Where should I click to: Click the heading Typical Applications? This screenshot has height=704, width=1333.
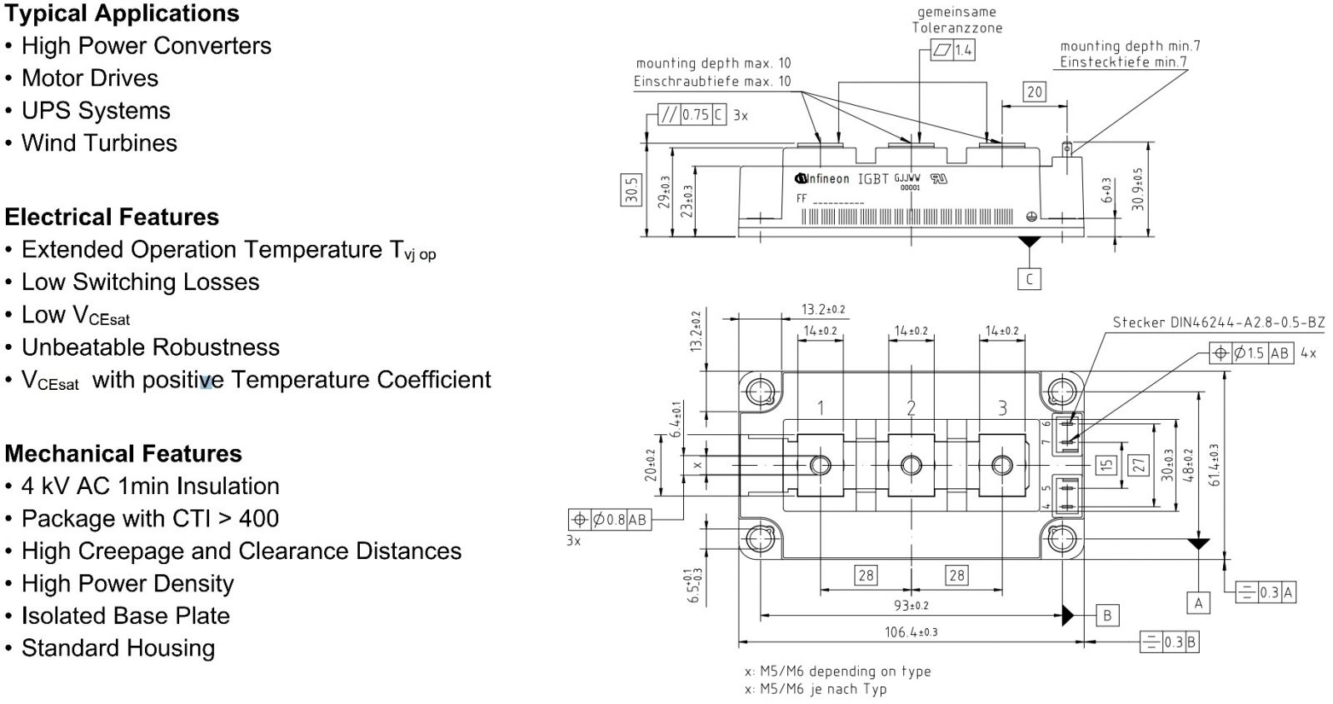[122, 14]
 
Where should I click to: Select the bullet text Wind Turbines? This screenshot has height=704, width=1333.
[99, 143]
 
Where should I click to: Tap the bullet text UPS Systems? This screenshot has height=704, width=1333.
[96, 111]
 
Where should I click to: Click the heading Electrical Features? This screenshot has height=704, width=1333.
[112, 217]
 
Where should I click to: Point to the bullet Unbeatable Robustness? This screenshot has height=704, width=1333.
[150, 347]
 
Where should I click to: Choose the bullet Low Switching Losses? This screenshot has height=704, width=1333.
[140, 282]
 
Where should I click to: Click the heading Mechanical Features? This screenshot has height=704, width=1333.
[123, 454]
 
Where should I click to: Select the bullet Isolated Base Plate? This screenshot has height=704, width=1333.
[125, 617]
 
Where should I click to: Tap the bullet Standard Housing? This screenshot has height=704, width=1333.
[117, 649]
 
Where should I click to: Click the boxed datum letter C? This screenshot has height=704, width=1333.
[1030, 279]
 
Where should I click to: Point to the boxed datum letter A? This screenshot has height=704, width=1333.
[1198, 602]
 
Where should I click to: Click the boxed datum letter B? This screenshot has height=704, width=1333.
[1107, 616]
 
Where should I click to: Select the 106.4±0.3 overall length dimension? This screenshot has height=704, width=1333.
[911, 632]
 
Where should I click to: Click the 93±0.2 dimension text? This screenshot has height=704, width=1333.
[911, 606]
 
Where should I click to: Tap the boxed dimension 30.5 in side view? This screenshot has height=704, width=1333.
[632, 190]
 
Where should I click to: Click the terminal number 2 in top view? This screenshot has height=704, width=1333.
[911, 408]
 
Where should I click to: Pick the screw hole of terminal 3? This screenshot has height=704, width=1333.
[1002, 465]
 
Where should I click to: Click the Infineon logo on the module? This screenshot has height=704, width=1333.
[822, 178]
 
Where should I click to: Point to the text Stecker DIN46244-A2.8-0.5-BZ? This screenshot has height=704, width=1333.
[1218, 322]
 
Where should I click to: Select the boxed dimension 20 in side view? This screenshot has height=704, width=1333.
[1034, 92]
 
